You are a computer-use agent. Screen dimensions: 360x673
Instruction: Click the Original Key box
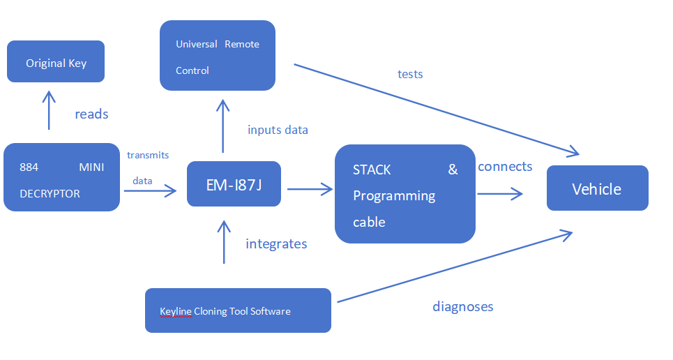coord(56,61)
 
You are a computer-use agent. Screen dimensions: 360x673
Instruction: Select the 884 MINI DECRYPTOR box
coord(61,177)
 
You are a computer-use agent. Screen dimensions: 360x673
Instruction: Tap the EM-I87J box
coord(234,184)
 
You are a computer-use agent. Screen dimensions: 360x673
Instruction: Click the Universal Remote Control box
coord(218,56)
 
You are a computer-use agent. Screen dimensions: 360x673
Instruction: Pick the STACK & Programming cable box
coord(404,194)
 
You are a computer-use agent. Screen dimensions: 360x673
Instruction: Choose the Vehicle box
coord(597,188)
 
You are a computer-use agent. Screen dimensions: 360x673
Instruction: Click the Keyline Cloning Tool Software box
coord(238,310)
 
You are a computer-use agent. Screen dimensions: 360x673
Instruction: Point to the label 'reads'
coord(91,114)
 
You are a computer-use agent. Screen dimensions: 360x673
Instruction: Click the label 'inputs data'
coord(278,130)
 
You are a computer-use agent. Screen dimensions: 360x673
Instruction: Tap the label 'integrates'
coord(276,243)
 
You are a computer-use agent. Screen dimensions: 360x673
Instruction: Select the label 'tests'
coord(410,74)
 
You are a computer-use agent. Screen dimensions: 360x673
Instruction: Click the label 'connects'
coord(505,167)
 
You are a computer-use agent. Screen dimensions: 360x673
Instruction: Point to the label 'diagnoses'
coord(462,306)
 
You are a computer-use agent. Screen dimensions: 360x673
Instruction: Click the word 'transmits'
coord(148,155)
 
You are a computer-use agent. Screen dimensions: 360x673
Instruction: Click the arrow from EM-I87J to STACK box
coord(309,188)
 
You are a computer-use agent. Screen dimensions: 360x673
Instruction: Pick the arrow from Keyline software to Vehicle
coord(453,267)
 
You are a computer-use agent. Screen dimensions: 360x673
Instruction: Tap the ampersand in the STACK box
coord(453,170)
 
